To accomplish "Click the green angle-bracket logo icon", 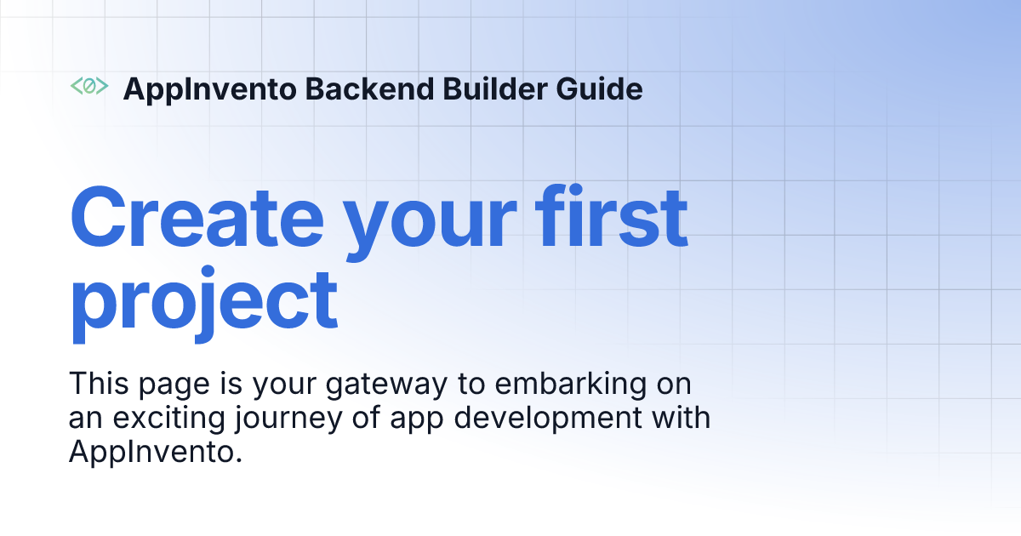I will pos(88,86).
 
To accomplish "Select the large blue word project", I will pos(204,303).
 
